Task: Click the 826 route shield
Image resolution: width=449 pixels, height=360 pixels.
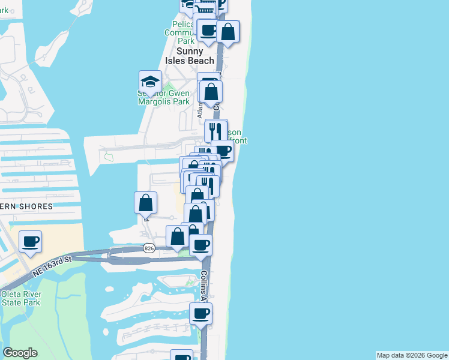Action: point(149,247)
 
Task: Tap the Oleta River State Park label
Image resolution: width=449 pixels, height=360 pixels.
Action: point(20,298)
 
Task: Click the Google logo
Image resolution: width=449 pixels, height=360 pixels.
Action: point(20,353)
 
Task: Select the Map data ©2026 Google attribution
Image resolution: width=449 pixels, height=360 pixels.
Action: point(412,355)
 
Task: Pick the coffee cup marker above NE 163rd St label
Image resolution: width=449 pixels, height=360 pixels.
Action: point(30,242)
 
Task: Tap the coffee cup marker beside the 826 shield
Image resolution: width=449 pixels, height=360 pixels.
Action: point(201,245)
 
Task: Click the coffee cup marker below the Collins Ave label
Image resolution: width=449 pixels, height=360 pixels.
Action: point(201,313)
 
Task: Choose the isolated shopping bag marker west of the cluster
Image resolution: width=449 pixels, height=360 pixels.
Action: point(146,203)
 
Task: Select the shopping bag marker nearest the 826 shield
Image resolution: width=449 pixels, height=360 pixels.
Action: point(178,236)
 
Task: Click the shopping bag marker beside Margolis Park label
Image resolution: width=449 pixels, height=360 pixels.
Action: point(211,92)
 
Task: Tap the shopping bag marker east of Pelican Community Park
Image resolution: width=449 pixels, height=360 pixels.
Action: point(228,32)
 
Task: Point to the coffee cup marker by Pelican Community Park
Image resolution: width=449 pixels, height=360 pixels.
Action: point(208,31)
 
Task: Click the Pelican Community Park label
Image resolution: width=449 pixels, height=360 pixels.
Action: point(182,32)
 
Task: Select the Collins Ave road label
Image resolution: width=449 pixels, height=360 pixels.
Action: point(204,286)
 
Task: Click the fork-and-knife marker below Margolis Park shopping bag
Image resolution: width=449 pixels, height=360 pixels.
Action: point(216,131)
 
